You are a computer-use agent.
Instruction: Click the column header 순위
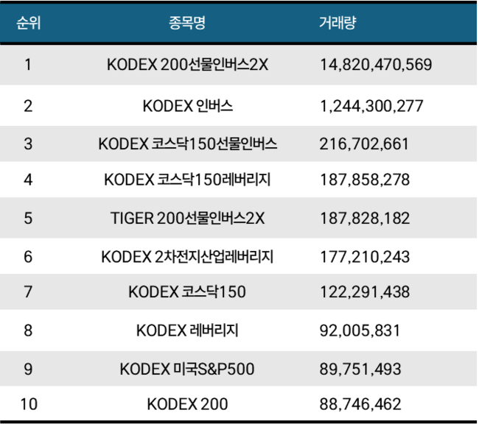pos(28,22)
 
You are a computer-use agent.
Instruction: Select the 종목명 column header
pos(187,22)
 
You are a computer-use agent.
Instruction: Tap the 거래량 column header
pos(338,22)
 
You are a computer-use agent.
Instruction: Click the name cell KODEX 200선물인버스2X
pos(187,65)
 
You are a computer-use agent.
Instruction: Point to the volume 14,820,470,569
pos(376,65)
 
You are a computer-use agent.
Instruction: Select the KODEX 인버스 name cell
pos(187,106)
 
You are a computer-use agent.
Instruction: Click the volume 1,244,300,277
pos(371,106)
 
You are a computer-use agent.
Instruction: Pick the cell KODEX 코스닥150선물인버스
pos(187,144)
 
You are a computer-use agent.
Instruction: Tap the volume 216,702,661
pos(364,144)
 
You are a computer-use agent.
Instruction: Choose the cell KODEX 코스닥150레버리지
pos(187,179)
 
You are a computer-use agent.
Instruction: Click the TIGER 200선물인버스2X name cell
pos(187,219)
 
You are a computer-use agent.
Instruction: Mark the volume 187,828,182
pos(364,219)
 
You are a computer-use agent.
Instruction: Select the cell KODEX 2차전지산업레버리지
pos(187,257)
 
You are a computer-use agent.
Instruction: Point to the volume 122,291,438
pos(364,292)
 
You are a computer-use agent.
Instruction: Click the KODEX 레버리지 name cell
pos(187,331)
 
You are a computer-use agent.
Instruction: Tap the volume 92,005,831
pos(360,331)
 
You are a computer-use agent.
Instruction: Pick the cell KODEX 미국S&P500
pos(187,369)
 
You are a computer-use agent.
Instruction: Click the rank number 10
pos(28,404)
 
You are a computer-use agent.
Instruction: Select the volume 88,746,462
pos(360,404)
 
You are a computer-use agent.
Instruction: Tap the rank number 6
pos(28,257)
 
